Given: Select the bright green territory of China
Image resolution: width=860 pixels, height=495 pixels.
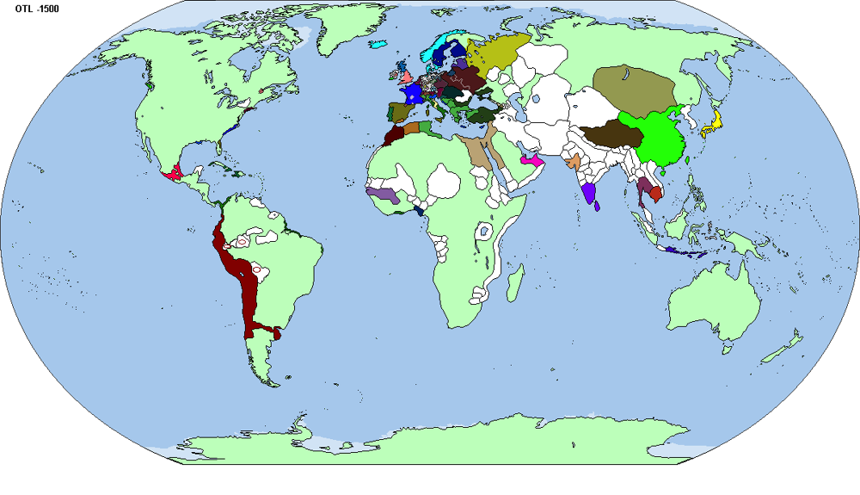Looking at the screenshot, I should [x=662, y=138].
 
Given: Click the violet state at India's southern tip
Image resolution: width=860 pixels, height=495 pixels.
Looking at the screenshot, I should [x=590, y=194].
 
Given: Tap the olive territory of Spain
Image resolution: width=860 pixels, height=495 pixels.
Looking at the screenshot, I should [x=401, y=112].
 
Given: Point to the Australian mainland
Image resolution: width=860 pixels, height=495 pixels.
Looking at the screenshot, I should [x=714, y=301].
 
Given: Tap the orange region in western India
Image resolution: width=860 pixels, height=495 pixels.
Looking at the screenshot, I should [x=572, y=162].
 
